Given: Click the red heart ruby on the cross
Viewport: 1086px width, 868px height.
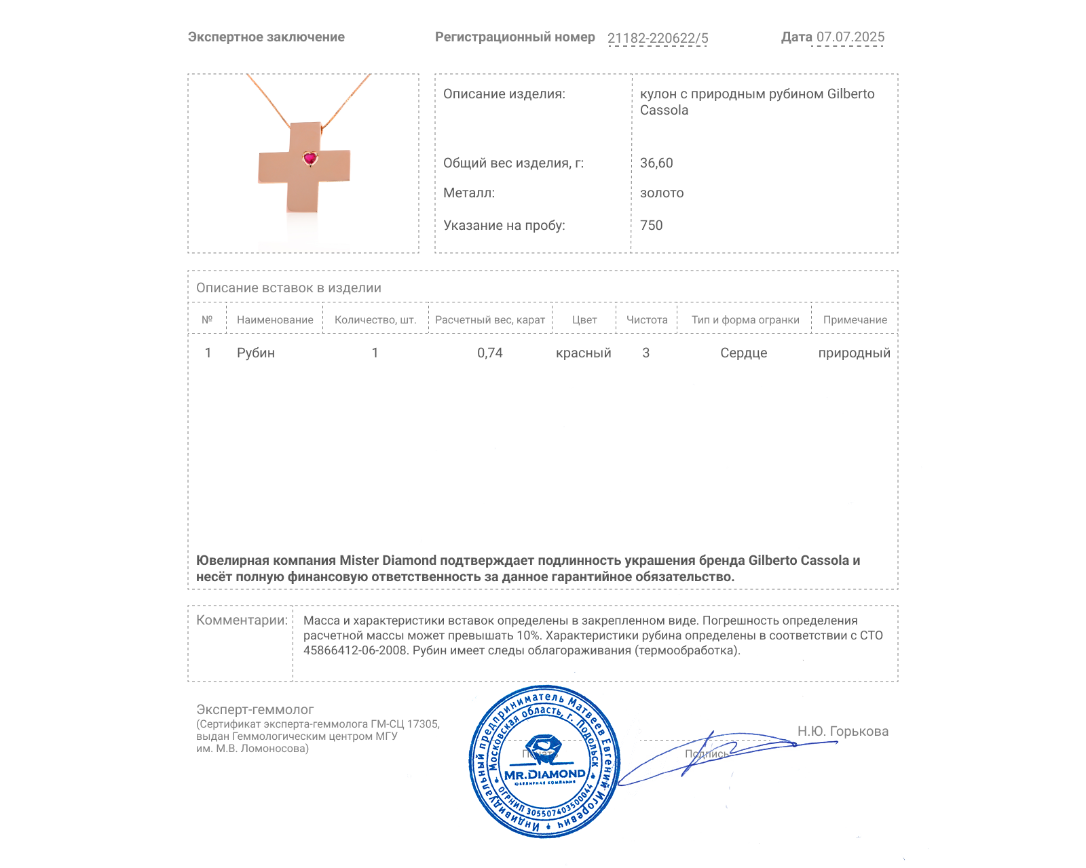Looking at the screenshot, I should click(x=310, y=159).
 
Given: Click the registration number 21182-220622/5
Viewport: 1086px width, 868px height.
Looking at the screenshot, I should click(x=657, y=38).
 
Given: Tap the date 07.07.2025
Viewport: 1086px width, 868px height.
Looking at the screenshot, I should click(x=850, y=37).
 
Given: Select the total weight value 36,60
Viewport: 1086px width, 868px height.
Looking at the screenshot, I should click(x=656, y=163).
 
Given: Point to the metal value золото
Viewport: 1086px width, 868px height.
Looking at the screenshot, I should click(x=662, y=193).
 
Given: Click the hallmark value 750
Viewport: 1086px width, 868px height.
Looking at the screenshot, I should click(x=651, y=225).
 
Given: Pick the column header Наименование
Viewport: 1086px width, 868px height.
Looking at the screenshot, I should click(x=275, y=320).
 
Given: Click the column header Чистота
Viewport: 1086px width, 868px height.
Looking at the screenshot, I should click(x=647, y=320).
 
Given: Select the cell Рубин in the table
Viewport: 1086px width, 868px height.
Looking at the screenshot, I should click(x=256, y=353).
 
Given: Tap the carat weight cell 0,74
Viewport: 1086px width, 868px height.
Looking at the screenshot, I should click(x=490, y=353).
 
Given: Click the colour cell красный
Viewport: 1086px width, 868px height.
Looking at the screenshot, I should click(x=583, y=353).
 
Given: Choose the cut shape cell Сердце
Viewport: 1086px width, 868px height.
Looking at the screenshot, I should click(x=743, y=353).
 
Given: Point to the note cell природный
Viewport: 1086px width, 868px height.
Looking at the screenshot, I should click(x=854, y=353).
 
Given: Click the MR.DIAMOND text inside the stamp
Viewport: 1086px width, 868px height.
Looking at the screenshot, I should click(x=544, y=774).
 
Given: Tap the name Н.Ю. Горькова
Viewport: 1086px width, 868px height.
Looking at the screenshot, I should click(x=842, y=731).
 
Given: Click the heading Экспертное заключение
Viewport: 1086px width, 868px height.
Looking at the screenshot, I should click(x=266, y=37).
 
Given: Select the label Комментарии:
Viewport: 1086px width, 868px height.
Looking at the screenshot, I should click(x=242, y=620).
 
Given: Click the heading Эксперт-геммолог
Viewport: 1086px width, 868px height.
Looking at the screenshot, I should click(x=255, y=709).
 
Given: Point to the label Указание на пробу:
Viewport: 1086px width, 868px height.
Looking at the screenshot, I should click(x=504, y=225).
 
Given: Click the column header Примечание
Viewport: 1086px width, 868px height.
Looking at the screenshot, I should click(x=855, y=320).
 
